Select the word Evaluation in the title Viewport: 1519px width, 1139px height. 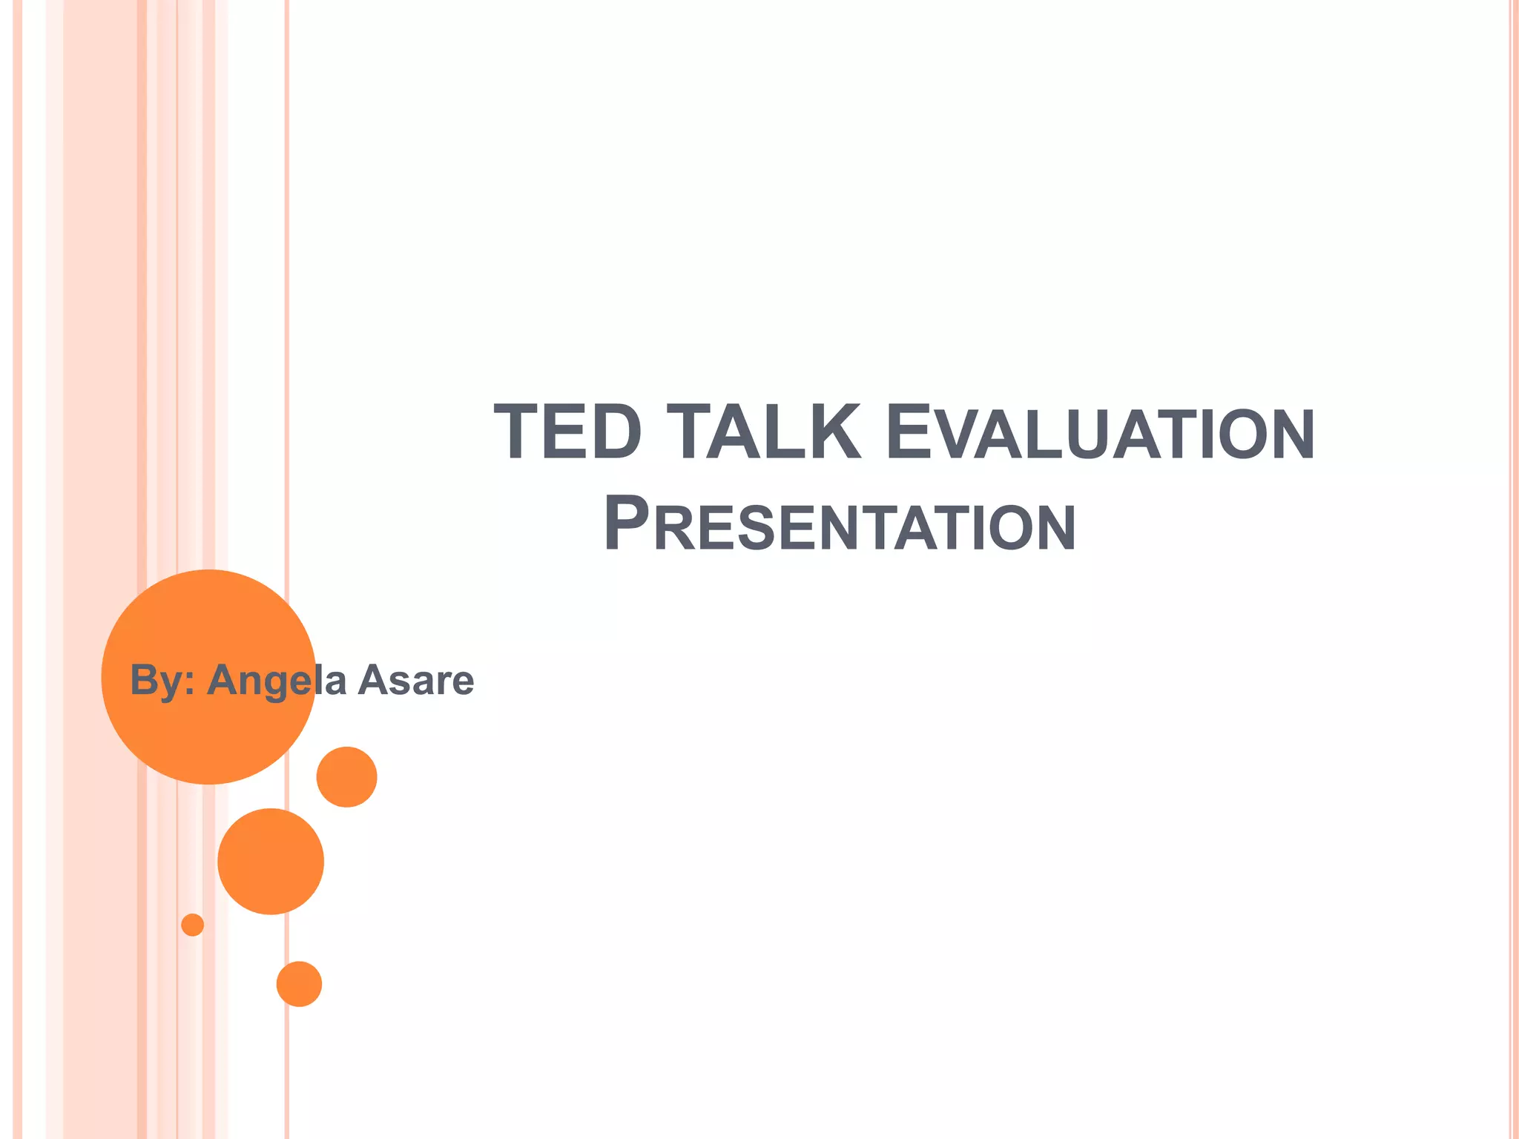(1100, 434)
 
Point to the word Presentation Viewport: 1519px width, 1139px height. (840, 524)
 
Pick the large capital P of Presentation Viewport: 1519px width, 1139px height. (627, 523)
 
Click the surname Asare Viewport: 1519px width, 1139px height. (415, 680)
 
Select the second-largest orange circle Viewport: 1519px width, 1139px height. (271, 862)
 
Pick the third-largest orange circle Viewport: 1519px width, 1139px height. (346, 777)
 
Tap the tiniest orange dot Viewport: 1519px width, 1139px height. (192, 925)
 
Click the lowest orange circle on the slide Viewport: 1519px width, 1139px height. (299, 984)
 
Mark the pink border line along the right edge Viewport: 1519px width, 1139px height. (1513, 569)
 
